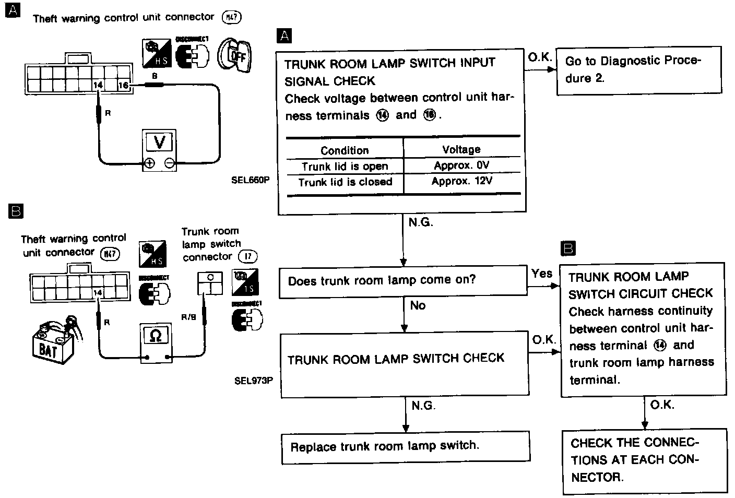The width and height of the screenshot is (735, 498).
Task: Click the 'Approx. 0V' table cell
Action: (x=461, y=165)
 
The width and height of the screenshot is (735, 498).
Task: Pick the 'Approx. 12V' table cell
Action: (x=461, y=182)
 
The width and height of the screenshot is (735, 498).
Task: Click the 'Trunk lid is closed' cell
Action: (x=345, y=182)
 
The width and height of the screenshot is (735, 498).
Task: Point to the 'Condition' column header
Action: (x=345, y=150)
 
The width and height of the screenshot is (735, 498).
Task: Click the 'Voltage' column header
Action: (x=461, y=149)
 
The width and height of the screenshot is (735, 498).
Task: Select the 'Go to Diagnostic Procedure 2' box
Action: (x=638, y=70)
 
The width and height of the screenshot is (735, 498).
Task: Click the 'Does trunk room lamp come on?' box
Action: (x=402, y=281)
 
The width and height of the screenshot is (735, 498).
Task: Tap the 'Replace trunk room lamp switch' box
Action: (x=406, y=447)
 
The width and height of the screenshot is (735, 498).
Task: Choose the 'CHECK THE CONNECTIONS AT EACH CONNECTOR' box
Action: (x=644, y=460)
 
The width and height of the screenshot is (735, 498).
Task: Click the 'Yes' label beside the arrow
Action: (x=542, y=274)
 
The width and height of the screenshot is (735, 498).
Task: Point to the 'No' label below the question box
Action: (x=418, y=305)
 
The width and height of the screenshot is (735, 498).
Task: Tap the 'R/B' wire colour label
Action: (x=188, y=317)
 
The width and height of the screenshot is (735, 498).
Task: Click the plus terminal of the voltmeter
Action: (x=150, y=163)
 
